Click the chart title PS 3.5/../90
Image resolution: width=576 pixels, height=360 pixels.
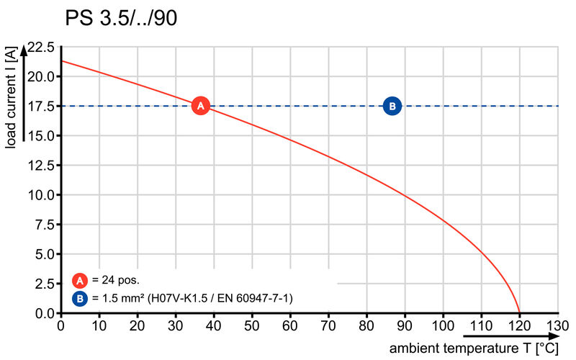121,19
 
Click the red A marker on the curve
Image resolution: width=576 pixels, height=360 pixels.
202,106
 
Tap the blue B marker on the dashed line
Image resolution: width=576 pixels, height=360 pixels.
392,106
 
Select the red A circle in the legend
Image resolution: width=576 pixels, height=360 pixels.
80,280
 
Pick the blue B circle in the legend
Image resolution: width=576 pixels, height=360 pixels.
80,297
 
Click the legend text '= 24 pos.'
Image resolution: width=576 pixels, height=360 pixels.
115,280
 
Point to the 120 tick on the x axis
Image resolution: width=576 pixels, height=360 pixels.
519,325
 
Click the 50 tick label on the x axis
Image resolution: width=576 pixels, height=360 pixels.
252,325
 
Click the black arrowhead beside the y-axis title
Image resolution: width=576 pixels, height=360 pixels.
24,49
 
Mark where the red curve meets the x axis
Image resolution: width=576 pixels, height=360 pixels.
519,313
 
